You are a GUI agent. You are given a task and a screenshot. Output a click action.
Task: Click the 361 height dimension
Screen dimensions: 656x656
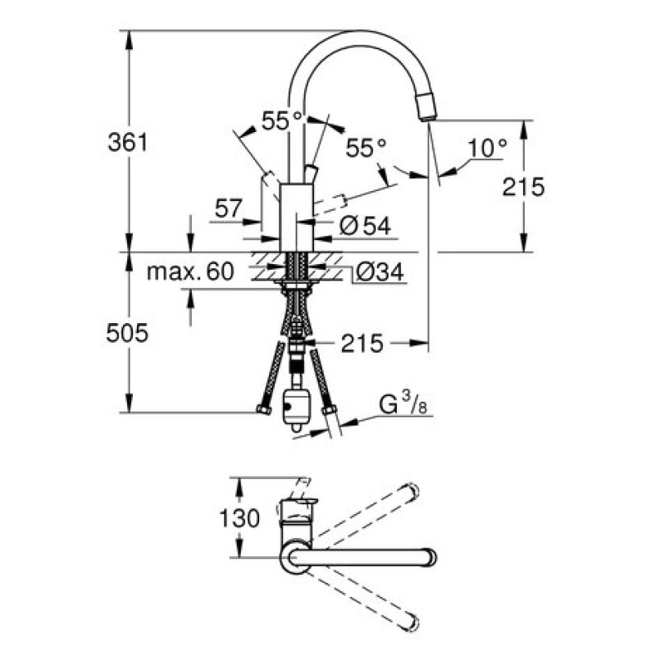(128, 142)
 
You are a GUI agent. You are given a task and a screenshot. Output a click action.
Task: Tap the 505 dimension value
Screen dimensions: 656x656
(128, 333)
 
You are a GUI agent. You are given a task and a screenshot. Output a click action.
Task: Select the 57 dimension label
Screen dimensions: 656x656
(228, 208)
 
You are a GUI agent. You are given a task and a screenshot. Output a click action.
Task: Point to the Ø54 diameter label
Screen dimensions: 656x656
(363, 225)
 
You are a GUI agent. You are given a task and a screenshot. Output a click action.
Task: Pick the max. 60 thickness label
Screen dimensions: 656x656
(190, 271)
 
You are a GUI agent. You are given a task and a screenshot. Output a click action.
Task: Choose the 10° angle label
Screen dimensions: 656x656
(488, 148)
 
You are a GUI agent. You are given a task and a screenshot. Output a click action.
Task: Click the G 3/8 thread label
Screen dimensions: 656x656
(401, 405)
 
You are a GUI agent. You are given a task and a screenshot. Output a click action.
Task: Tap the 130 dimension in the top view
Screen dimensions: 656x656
(240, 518)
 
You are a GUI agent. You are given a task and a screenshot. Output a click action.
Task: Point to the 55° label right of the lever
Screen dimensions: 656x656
(366, 148)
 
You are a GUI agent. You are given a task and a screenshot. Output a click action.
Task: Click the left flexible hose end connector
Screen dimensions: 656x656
(264, 408)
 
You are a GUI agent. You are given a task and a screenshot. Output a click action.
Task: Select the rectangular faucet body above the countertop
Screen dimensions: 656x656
(297, 217)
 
